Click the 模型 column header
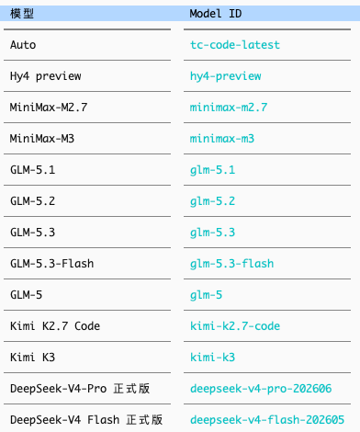[22, 14]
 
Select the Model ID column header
[216, 14]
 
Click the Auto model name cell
[23, 45]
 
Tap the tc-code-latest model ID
[235, 45]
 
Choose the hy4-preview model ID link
[226, 76]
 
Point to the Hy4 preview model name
[46, 76]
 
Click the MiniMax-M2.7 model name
[49, 108]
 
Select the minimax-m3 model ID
[222, 139]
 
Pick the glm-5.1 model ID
[212, 170]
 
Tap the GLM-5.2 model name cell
[32, 201]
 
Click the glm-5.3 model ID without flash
[212, 233]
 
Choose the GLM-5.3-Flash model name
[52, 264]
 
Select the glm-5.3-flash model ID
[231, 264]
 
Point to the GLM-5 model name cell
[26, 295]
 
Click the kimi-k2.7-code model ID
[235, 326]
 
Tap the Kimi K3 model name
[32, 358]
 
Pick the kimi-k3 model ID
[212, 358]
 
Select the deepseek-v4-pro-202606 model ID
[261, 389]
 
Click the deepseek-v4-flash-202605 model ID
[267, 420]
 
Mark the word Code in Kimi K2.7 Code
[87, 326]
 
